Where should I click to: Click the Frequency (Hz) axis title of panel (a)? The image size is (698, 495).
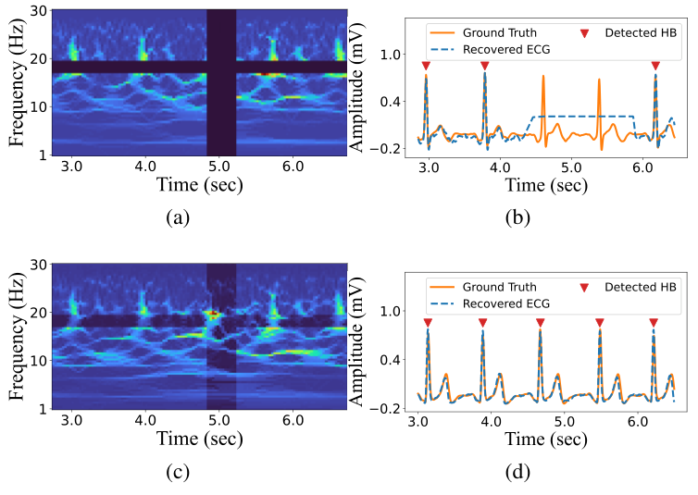16,81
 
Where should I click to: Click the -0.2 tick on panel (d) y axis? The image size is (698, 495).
387,408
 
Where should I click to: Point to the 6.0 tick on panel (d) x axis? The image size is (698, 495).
636,421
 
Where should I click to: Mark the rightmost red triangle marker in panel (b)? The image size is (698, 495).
655,66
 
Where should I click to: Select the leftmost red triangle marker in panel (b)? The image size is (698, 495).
425,66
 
